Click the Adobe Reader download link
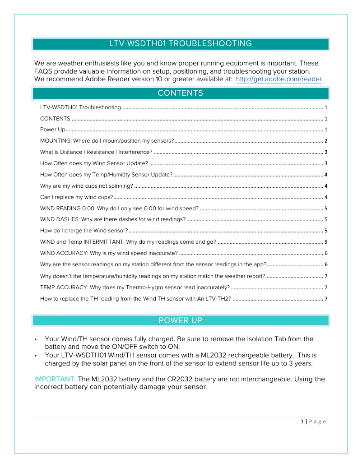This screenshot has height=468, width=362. [278, 79]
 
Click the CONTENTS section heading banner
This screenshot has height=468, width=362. [181, 93]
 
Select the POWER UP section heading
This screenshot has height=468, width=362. [181, 320]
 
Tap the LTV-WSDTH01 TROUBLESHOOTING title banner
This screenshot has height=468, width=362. [181, 44]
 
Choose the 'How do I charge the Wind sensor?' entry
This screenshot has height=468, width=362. [84, 231]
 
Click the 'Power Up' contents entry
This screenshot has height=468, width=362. [53, 130]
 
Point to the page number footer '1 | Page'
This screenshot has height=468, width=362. [313, 422]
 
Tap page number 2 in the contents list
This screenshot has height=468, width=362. [325, 141]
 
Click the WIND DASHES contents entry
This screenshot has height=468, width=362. [113, 219]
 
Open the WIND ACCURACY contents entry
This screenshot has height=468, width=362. [109, 253]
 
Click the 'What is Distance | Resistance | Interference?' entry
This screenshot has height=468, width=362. [96, 152]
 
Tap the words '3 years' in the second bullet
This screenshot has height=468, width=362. [300, 363]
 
